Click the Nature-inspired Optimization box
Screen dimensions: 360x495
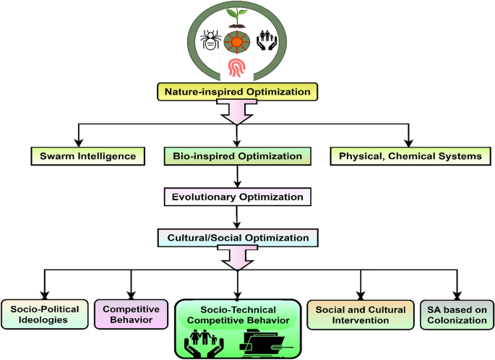[238, 92]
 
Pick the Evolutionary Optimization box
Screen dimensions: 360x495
[238, 197]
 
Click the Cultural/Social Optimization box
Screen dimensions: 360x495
[238, 237]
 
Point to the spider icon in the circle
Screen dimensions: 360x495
[209, 39]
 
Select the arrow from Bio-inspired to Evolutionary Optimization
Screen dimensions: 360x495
[238, 176]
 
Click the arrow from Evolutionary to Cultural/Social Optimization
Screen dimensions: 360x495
[238, 217]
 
